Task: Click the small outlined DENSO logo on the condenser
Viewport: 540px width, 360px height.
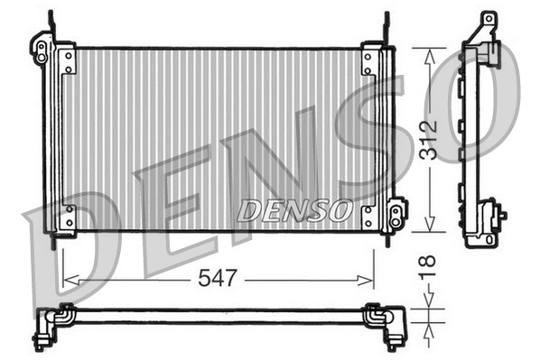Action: pos(293,211)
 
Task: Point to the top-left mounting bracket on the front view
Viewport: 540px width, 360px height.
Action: pos(42,48)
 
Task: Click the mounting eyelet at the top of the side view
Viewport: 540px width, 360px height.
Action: pos(488,20)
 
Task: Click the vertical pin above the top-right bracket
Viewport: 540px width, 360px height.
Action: pos(386,27)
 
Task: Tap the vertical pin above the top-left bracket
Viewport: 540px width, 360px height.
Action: pos(49,25)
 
